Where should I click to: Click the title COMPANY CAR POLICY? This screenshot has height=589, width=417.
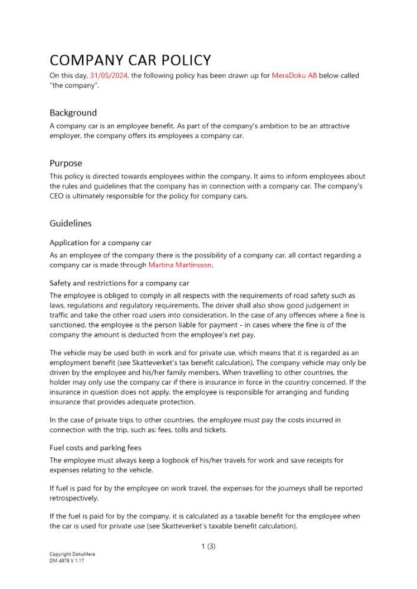(x=130, y=60)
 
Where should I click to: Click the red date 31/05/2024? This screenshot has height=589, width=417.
(x=109, y=75)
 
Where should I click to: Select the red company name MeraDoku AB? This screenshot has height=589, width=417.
(x=294, y=75)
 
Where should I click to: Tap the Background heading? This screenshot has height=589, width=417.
(x=73, y=112)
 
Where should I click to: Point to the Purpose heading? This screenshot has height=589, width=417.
(x=65, y=163)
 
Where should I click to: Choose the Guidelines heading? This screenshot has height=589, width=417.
(x=70, y=224)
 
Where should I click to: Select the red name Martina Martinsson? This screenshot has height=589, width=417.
(x=179, y=265)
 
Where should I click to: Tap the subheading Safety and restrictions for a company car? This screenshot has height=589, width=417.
(x=119, y=283)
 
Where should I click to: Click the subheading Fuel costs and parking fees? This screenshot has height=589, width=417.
(x=95, y=448)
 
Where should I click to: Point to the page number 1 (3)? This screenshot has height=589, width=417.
(x=208, y=546)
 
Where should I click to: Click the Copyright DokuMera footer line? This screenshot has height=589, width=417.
(x=72, y=554)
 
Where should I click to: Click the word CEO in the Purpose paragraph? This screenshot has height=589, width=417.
(x=58, y=197)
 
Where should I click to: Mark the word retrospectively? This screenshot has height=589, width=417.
(x=74, y=498)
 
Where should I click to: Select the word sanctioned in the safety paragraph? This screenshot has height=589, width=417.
(x=70, y=325)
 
